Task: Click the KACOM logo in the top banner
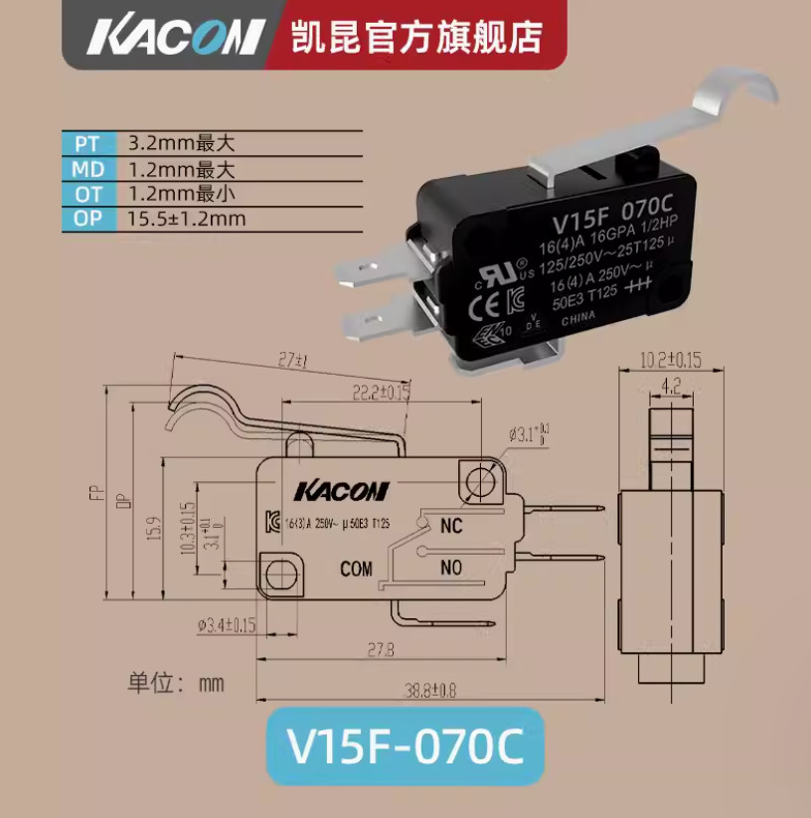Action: coord(174,37)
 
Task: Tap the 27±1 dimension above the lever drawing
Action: coord(289,360)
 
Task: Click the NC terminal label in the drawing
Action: coord(451,526)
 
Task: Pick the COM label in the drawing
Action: coord(356,570)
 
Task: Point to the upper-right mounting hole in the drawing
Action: coord(478,479)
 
